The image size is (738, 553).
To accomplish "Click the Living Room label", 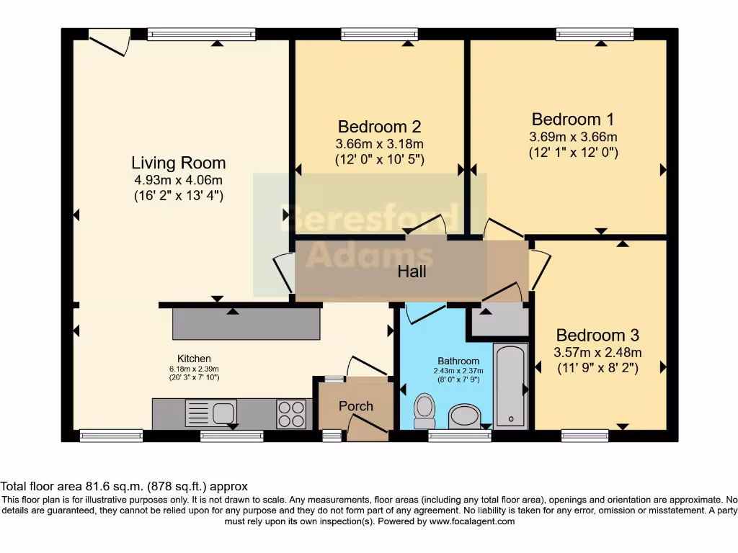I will [178, 163].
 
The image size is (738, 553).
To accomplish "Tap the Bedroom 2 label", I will [380, 127].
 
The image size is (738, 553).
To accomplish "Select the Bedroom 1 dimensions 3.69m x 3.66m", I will [573, 137].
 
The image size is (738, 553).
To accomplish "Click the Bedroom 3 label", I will [597, 335].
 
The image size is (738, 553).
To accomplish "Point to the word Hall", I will [412, 271].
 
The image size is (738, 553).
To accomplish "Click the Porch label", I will [356, 406].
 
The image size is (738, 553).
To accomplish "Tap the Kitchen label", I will [195, 359].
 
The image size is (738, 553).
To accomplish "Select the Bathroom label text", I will [458, 361].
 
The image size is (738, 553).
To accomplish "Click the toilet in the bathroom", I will [425, 408].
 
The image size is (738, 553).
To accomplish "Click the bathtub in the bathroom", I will [511, 386].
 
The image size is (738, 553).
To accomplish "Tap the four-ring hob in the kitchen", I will [291, 413].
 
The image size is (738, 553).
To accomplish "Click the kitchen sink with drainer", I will [210, 413].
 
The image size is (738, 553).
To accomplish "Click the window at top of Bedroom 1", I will [595, 34].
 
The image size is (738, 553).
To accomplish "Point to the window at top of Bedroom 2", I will [379, 34].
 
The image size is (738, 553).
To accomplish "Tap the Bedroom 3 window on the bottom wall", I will [585, 434].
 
